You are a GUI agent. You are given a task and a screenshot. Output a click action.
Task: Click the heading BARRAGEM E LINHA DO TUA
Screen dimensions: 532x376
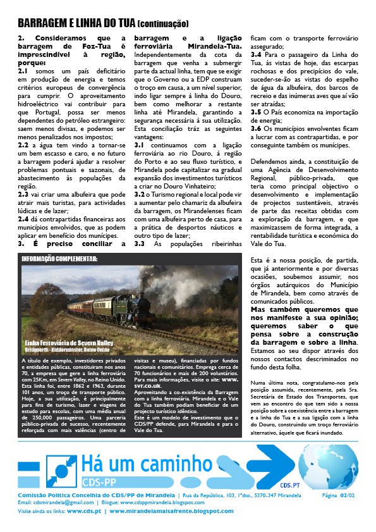click(76, 23)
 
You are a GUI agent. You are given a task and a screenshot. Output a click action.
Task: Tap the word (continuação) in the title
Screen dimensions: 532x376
click(162, 24)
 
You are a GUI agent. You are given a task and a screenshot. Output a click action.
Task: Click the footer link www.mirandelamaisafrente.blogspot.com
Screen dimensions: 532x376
click(171, 510)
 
